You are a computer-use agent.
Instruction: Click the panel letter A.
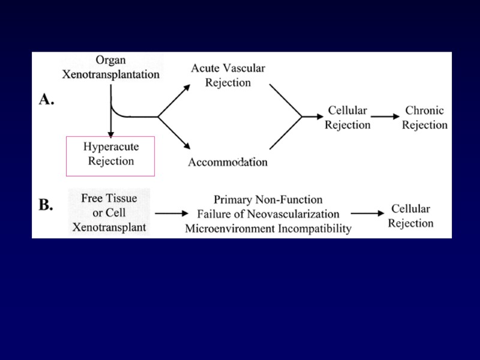[46, 100]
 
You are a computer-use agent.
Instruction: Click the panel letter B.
[46, 205]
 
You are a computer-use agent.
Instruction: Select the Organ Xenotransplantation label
[111, 68]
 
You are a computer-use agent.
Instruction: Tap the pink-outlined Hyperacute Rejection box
[110, 155]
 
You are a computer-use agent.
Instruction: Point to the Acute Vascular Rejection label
[228, 75]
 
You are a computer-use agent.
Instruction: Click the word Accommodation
[227, 162]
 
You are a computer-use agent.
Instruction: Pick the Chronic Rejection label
[425, 118]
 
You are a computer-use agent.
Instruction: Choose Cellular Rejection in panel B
[410, 216]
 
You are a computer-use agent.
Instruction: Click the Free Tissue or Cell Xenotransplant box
[109, 212]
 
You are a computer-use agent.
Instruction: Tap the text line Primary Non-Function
[268, 200]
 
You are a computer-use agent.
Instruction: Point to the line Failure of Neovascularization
[268, 214]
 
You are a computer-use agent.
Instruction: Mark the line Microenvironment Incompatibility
[268, 229]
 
